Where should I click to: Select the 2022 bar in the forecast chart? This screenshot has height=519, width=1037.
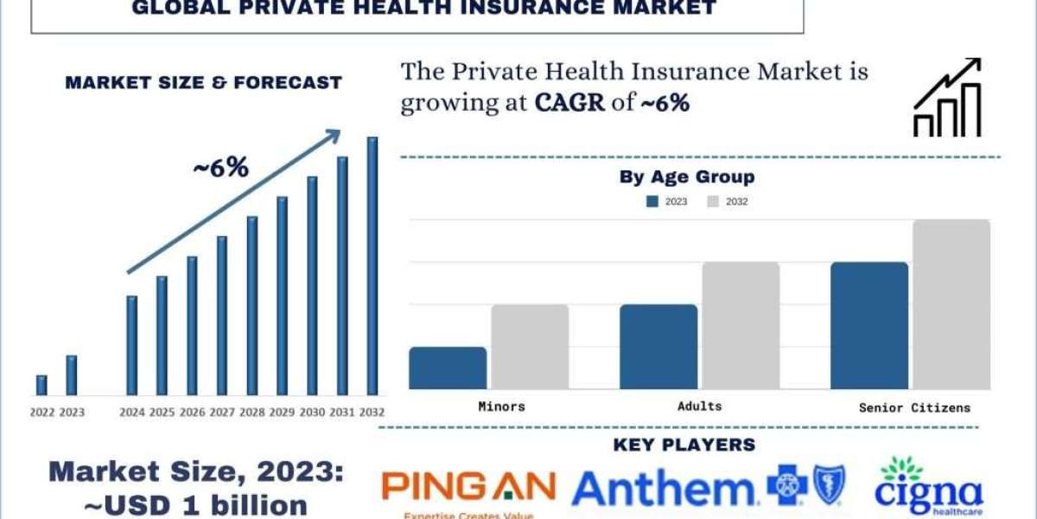[x=41, y=386]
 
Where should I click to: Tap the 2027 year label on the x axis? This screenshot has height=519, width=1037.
[x=221, y=413]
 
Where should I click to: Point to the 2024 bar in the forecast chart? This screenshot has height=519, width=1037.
[x=131, y=346]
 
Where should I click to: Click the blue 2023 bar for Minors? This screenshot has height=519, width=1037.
[x=448, y=368]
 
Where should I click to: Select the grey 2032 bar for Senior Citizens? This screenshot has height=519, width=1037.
[x=951, y=304]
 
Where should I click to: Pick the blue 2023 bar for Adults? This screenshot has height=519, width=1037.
[x=658, y=347]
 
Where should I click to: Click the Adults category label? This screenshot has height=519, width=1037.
[x=700, y=406]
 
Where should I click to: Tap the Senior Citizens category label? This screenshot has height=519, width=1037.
[x=914, y=407]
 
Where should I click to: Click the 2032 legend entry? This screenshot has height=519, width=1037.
[x=728, y=202]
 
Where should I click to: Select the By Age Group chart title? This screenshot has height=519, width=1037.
[x=687, y=177]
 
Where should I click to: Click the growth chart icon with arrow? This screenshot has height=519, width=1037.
[x=947, y=98]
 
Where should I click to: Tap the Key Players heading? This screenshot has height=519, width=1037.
[x=684, y=445]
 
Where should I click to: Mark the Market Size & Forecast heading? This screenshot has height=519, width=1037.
[x=204, y=83]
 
